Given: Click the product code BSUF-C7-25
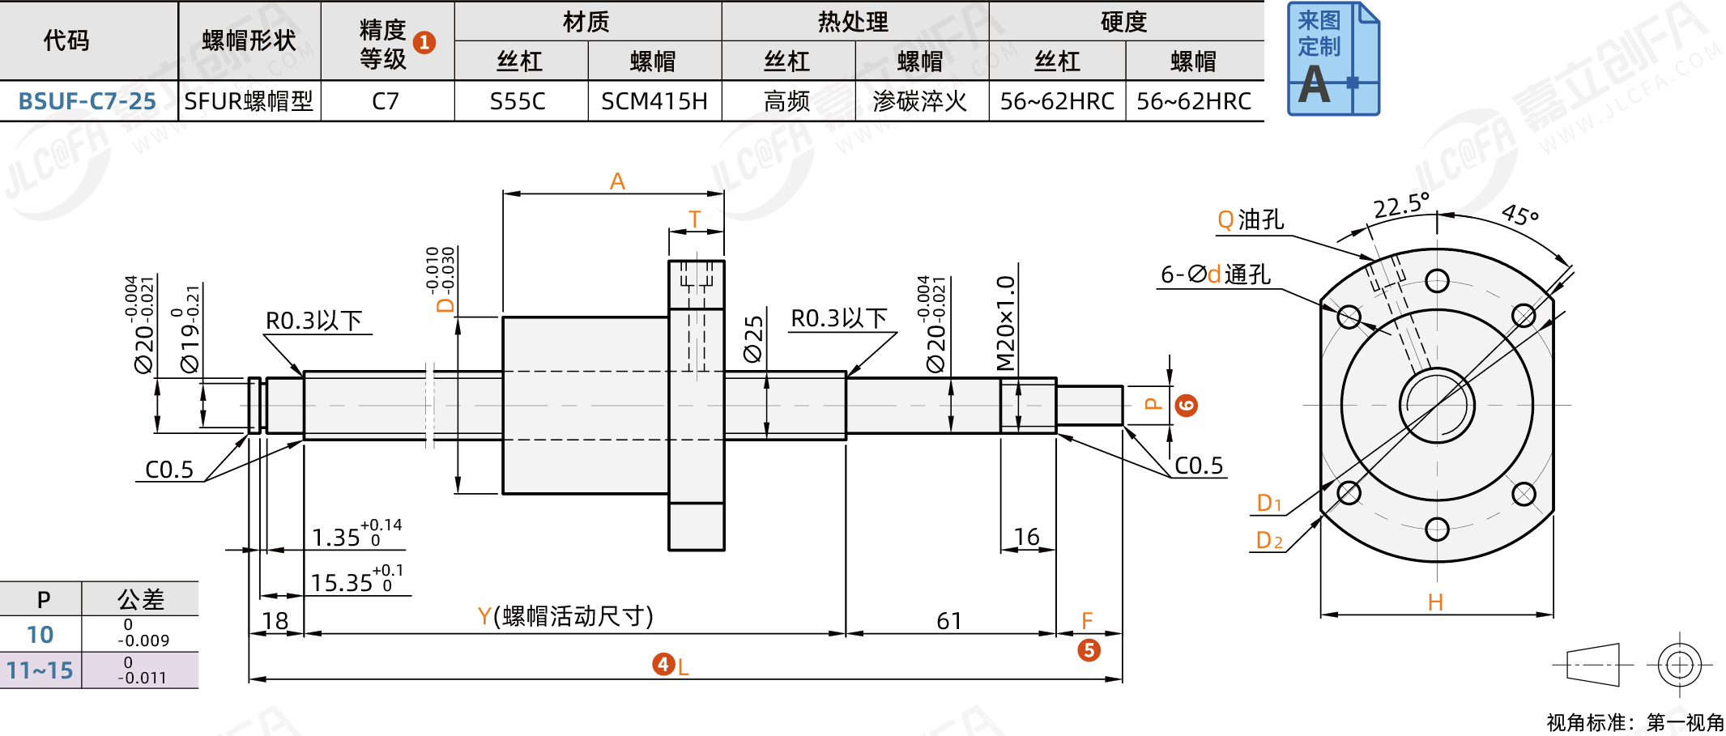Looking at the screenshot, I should (87, 101).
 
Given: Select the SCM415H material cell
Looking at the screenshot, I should (654, 101).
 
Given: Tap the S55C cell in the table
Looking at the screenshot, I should (518, 101).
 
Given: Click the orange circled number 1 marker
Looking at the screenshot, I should (424, 42).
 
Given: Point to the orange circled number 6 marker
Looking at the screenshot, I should (1187, 406).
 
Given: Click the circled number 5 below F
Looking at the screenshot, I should (1089, 650).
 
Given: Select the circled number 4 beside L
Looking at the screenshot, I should (663, 665).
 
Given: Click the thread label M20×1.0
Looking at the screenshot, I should (1006, 322).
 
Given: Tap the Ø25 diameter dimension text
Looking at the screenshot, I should (754, 338).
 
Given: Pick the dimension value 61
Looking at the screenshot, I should (949, 621).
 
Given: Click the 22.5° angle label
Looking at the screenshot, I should (1401, 206).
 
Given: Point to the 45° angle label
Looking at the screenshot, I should (1519, 215).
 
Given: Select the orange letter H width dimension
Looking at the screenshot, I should (1435, 602).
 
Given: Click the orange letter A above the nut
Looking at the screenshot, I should (617, 181).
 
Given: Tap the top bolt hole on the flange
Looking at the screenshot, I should (1437, 281).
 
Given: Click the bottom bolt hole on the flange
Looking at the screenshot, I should (1437, 530).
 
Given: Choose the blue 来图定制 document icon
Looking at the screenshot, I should (1333, 58).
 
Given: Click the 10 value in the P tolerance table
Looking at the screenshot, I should (40, 635).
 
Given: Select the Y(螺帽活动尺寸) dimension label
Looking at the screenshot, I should (565, 616).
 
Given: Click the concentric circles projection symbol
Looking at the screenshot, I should (1679, 665).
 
